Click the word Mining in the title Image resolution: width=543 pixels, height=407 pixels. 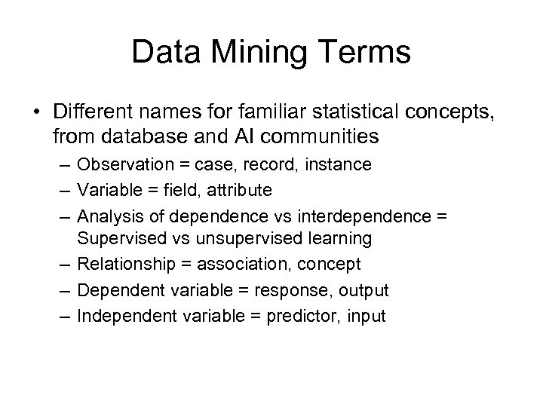[260, 54]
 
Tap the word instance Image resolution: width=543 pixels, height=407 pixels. [338, 164]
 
